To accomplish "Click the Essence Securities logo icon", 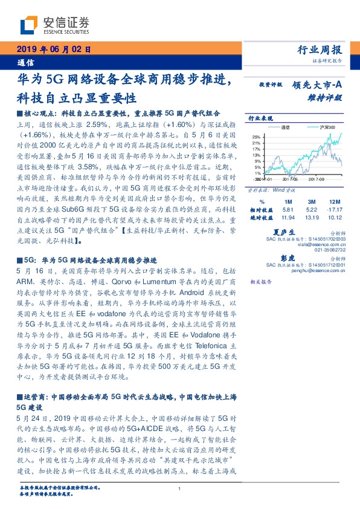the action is (29, 25).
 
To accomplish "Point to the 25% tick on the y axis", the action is (257, 137).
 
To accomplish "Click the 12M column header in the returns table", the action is (333, 201).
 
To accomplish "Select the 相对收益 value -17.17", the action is (333, 209).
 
